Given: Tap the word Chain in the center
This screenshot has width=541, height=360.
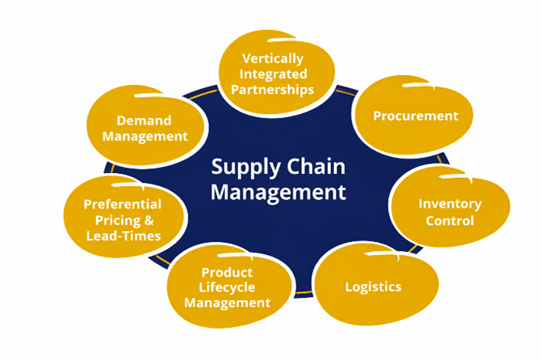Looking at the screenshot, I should (312, 168).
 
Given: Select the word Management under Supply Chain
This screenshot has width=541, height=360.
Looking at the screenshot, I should (278, 191).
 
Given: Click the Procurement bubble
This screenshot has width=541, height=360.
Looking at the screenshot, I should (415, 116).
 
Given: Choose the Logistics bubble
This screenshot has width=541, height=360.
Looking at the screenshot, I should (373, 287).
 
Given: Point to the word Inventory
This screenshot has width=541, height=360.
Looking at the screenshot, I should (449, 205).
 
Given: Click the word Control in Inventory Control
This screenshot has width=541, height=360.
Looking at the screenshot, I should (451, 221).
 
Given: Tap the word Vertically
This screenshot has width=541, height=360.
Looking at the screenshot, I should (273, 59).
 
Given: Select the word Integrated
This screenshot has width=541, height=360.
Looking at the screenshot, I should (274, 74).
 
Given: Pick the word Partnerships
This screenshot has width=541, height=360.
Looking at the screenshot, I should (273, 90).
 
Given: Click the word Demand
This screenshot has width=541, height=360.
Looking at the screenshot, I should (143, 120).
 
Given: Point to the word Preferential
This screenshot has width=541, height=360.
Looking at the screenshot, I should (123, 205).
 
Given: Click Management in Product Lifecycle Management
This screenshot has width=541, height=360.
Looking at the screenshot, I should (227, 303).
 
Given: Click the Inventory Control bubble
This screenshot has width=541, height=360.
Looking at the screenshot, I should (450, 213).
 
